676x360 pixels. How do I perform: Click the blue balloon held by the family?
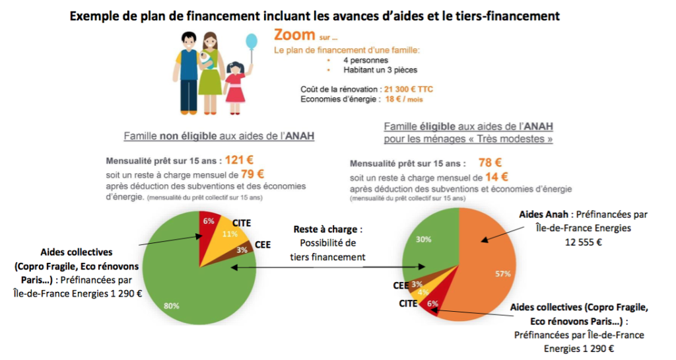click(x=252, y=42)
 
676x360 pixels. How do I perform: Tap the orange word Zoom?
click(x=294, y=35)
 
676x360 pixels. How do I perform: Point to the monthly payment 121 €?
click(x=240, y=160)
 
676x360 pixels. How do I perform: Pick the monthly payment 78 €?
click(x=489, y=162)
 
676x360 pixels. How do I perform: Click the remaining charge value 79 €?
click(x=252, y=174)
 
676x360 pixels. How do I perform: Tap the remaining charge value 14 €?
click(x=496, y=176)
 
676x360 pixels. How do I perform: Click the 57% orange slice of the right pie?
click(x=489, y=271)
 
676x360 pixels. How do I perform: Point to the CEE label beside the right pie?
click(x=401, y=285)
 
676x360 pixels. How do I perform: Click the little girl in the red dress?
click(x=234, y=86)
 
